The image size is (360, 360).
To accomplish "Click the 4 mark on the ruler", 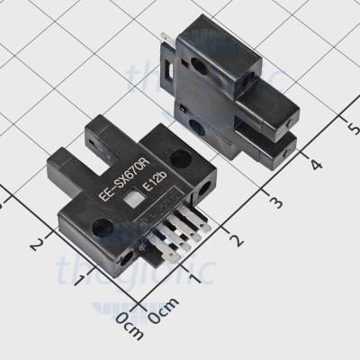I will [314, 164].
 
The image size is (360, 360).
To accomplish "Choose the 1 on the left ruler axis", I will [82, 284].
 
